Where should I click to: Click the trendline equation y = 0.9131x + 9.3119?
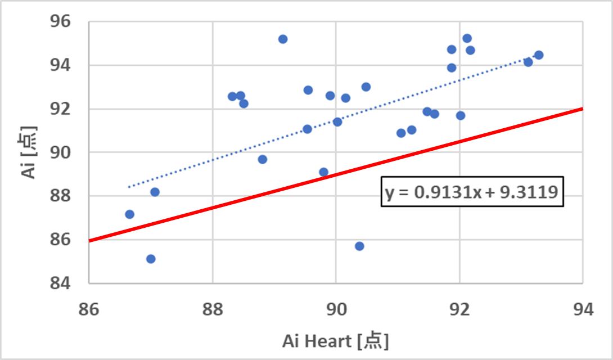pos(471,193)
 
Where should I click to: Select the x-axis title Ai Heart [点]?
pos(335,340)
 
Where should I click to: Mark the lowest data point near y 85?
pos(151,259)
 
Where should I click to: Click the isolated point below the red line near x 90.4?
pos(359,246)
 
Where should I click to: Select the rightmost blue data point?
pos(539,55)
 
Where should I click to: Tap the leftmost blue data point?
pos(129,214)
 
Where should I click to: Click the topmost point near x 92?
pos(467,38)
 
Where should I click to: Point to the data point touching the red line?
pos(323,172)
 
